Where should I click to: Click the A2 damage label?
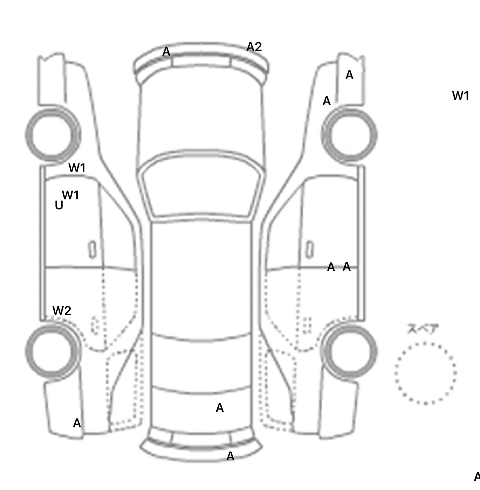[x=254, y=47]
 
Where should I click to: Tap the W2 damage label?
[x=62, y=311]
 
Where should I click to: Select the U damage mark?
[x=59, y=205]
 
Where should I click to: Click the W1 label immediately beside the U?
[x=71, y=195]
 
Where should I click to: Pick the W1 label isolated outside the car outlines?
[x=461, y=96]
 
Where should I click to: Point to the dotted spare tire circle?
[x=425, y=373]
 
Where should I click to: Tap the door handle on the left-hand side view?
[x=92, y=250]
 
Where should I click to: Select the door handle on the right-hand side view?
[x=310, y=250]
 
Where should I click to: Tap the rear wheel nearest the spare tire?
[x=349, y=351]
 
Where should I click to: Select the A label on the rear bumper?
[x=230, y=456]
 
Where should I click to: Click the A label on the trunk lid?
[x=220, y=408]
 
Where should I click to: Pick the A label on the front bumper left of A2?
[x=166, y=52]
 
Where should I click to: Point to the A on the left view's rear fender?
[x=77, y=423]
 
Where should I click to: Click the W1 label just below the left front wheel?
[x=77, y=168]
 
